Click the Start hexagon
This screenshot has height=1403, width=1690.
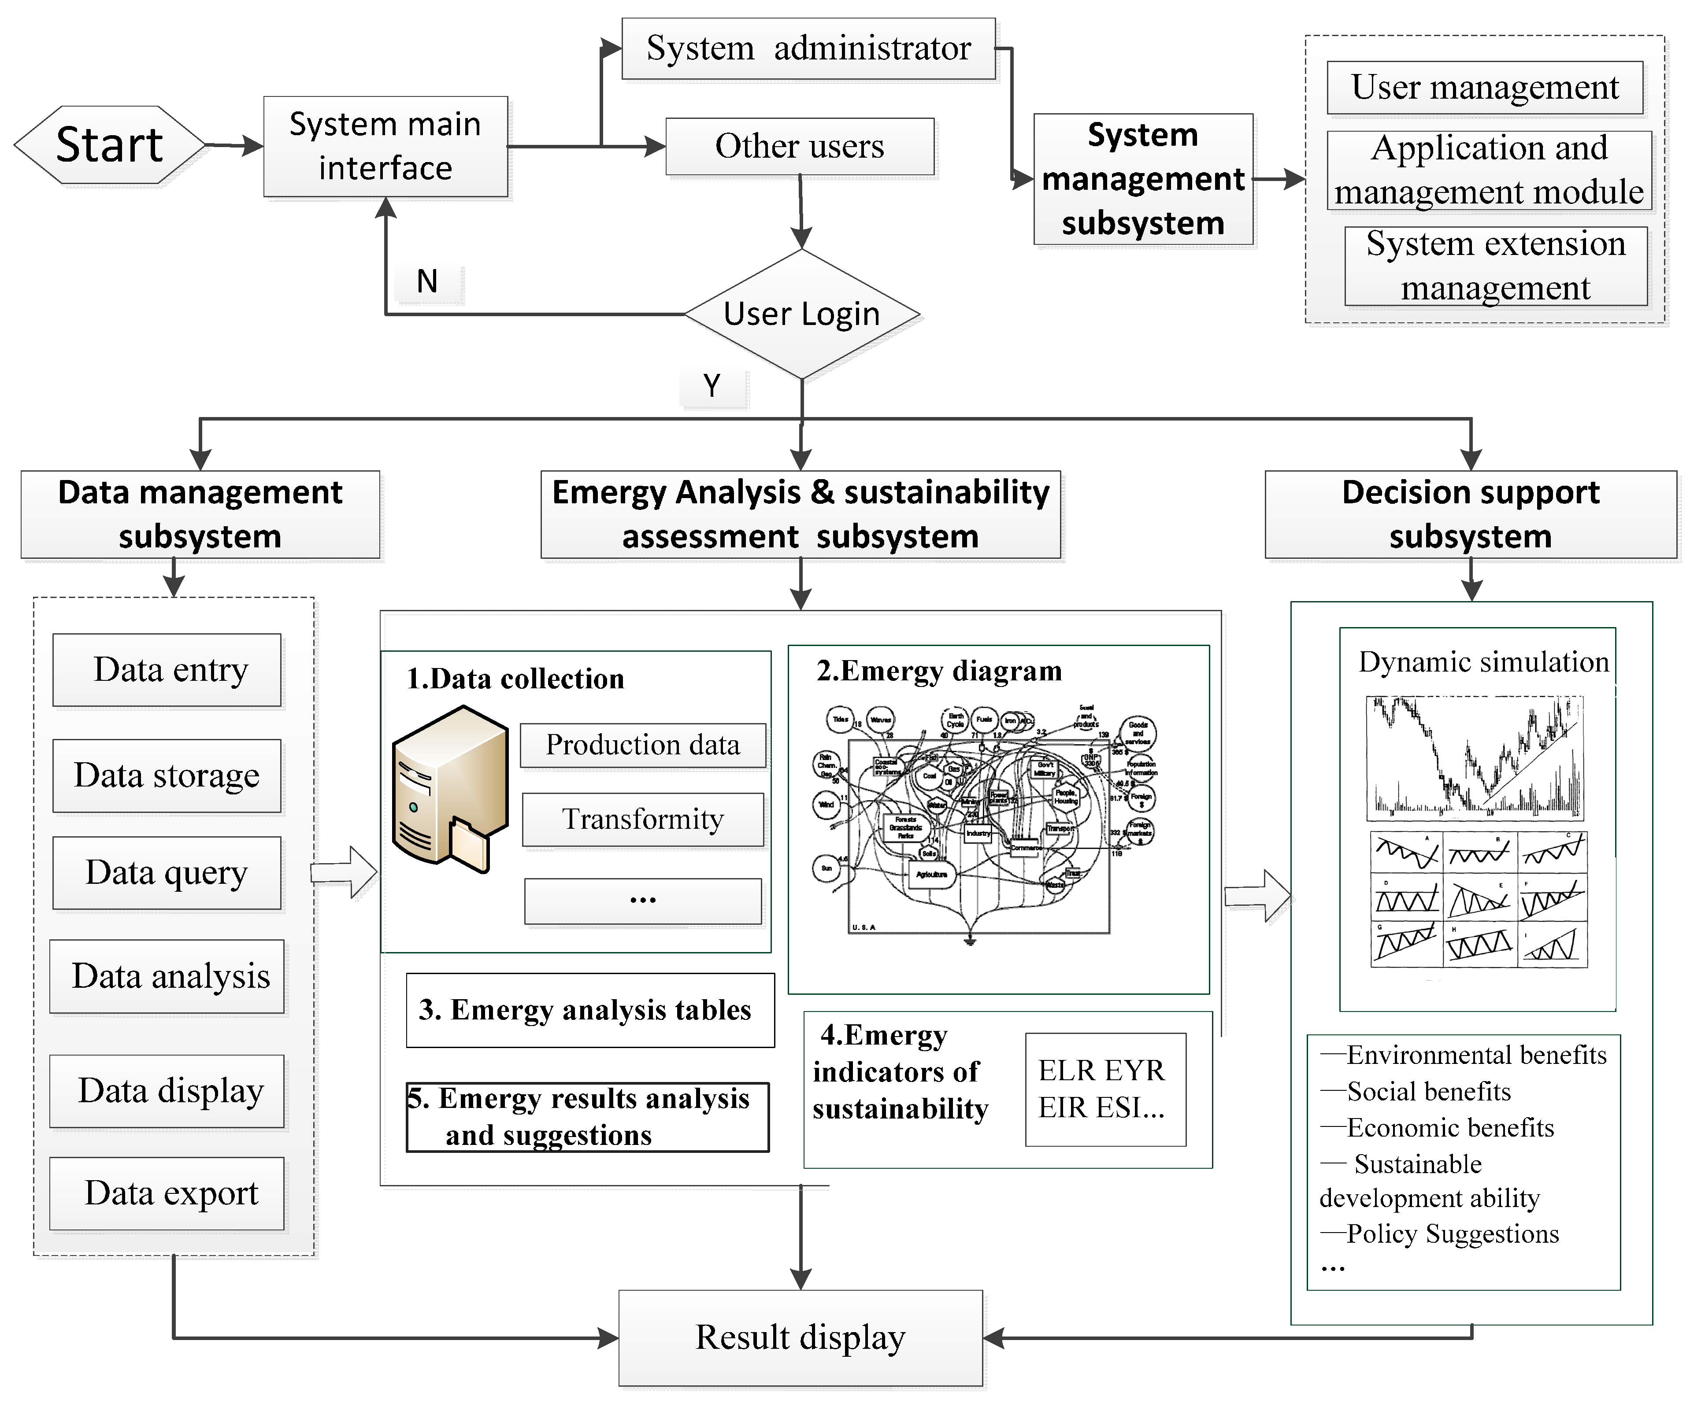click(x=109, y=145)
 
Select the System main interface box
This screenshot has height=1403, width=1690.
click(x=385, y=146)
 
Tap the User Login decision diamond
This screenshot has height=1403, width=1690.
click(x=801, y=314)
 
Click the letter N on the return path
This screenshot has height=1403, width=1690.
click(x=427, y=281)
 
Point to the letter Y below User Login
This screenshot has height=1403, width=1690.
click(x=712, y=386)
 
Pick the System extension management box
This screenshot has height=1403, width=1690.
click(x=1495, y=266)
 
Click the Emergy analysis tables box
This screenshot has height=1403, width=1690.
click(x=590, y=1010)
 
